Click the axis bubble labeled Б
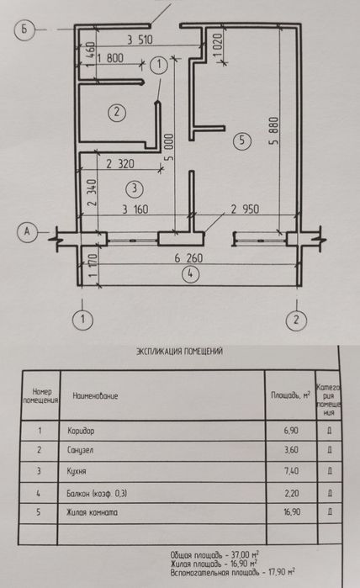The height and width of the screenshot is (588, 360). coord(26,29)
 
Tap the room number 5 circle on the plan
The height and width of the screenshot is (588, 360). coord(241,141)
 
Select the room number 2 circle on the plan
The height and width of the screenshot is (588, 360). coord(118,110)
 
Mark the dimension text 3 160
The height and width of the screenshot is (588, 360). coord(135,209)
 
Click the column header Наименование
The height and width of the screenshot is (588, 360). coord(95,395)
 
